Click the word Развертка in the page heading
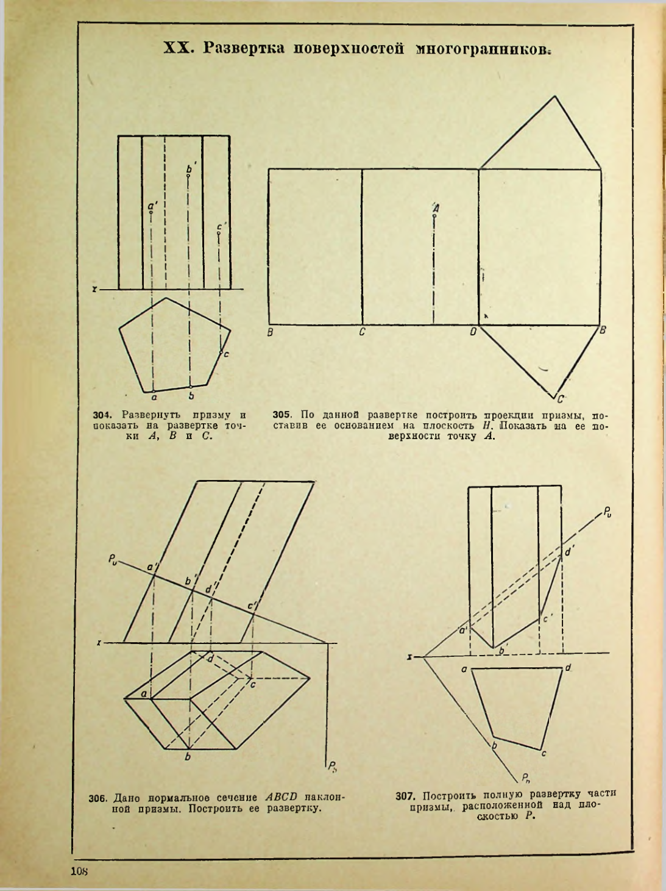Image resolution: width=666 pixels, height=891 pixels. click(x=243, y=49)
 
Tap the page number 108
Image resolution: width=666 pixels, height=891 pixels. click(x=80, y=871)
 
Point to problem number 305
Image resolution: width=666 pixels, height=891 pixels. click(x=281, y=415)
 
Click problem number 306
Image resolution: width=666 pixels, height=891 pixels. click(x=97, y=798)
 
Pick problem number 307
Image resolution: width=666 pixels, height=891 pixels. click(x=405, y=796)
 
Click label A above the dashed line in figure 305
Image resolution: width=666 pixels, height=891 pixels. click(x=435, y=208)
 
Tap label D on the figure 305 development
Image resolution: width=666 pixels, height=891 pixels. click(x=473, y=332)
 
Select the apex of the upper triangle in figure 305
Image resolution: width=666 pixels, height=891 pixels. click(x=554, y=96)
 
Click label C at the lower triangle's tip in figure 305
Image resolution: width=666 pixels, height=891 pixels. click(x=560, y=399)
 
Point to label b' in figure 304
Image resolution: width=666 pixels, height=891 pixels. click(x=190, y=168)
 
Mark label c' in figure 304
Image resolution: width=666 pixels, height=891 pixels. click(x=221, y=227)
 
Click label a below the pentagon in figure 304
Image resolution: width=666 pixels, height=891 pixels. click(x=154, y=397)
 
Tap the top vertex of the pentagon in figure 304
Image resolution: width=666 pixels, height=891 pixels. click(x=166, y=298)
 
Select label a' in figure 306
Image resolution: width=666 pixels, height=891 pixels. click(x=151, y=567)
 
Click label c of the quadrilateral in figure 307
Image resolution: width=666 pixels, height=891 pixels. click(x=544, y=754)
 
